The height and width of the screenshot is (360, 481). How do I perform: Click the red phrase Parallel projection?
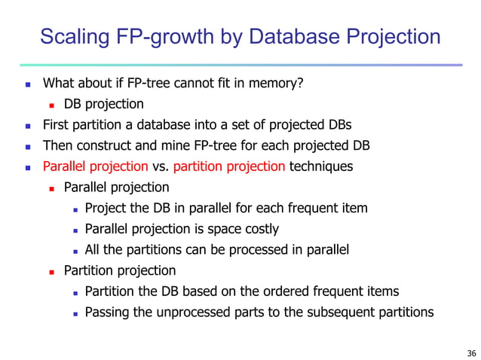pos(95,166)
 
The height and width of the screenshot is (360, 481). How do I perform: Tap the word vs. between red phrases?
pos(161,166)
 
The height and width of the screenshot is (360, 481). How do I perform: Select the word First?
pos(56,125)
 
